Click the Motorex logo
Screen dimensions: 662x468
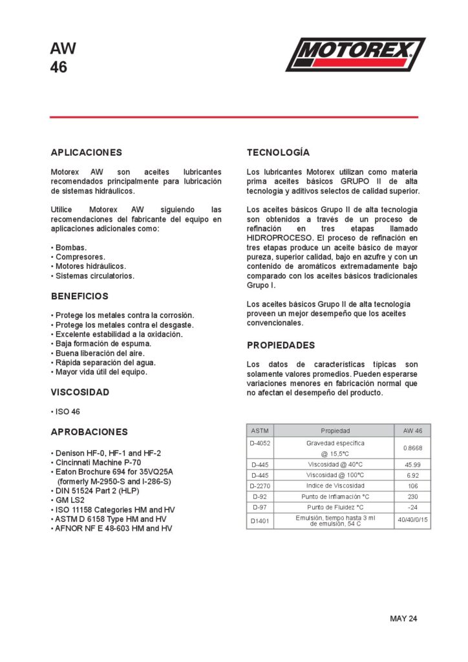click(355, 54)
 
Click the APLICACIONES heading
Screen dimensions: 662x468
click(86, 153)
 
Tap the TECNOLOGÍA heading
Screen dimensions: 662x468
click(278, 153)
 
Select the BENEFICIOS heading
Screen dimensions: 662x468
click(80, 296)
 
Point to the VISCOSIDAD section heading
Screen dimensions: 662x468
click(80, 392)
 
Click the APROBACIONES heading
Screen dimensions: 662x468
click(89, 432)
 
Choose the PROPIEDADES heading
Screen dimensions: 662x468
click(281, 345)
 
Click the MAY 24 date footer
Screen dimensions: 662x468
click(403, 619)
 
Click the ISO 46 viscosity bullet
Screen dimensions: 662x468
click(67, 412)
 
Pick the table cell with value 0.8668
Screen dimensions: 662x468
click(412, 447)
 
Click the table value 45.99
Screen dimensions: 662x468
click(412, 464)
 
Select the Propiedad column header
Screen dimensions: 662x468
click(335, 430)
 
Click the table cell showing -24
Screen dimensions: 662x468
click(412, 507)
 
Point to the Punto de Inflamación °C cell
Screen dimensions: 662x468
click(335, 496)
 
